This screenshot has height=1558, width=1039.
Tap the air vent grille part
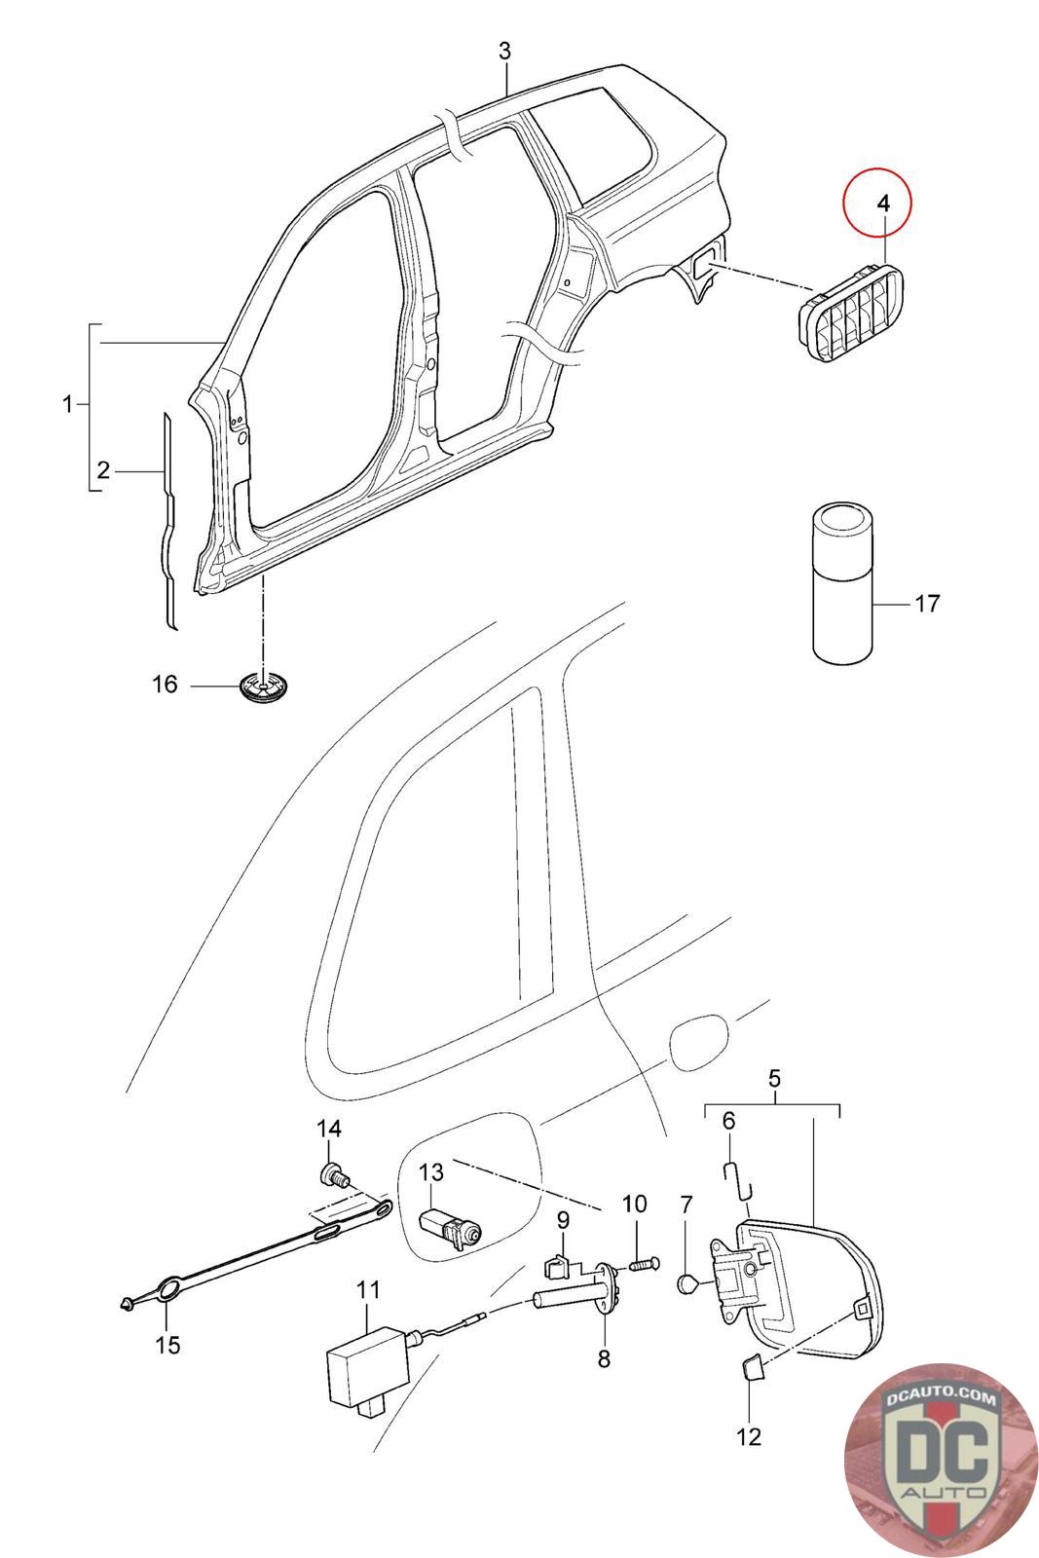tap(850, 313)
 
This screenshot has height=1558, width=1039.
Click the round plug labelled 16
tap(264, 686)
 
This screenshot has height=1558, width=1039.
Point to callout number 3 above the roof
tap(505, 51)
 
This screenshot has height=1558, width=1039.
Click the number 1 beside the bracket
tap(67, 403)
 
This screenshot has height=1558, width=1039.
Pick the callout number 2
tap(103, 471)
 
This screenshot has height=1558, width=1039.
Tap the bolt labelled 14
tap(335, 1177)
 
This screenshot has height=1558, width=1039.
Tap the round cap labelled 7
tap(686, 1281)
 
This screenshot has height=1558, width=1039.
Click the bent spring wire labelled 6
tap(738, 1179)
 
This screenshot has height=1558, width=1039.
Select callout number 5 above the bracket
tap(775, 1079)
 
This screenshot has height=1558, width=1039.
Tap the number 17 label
tap(927, 603)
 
